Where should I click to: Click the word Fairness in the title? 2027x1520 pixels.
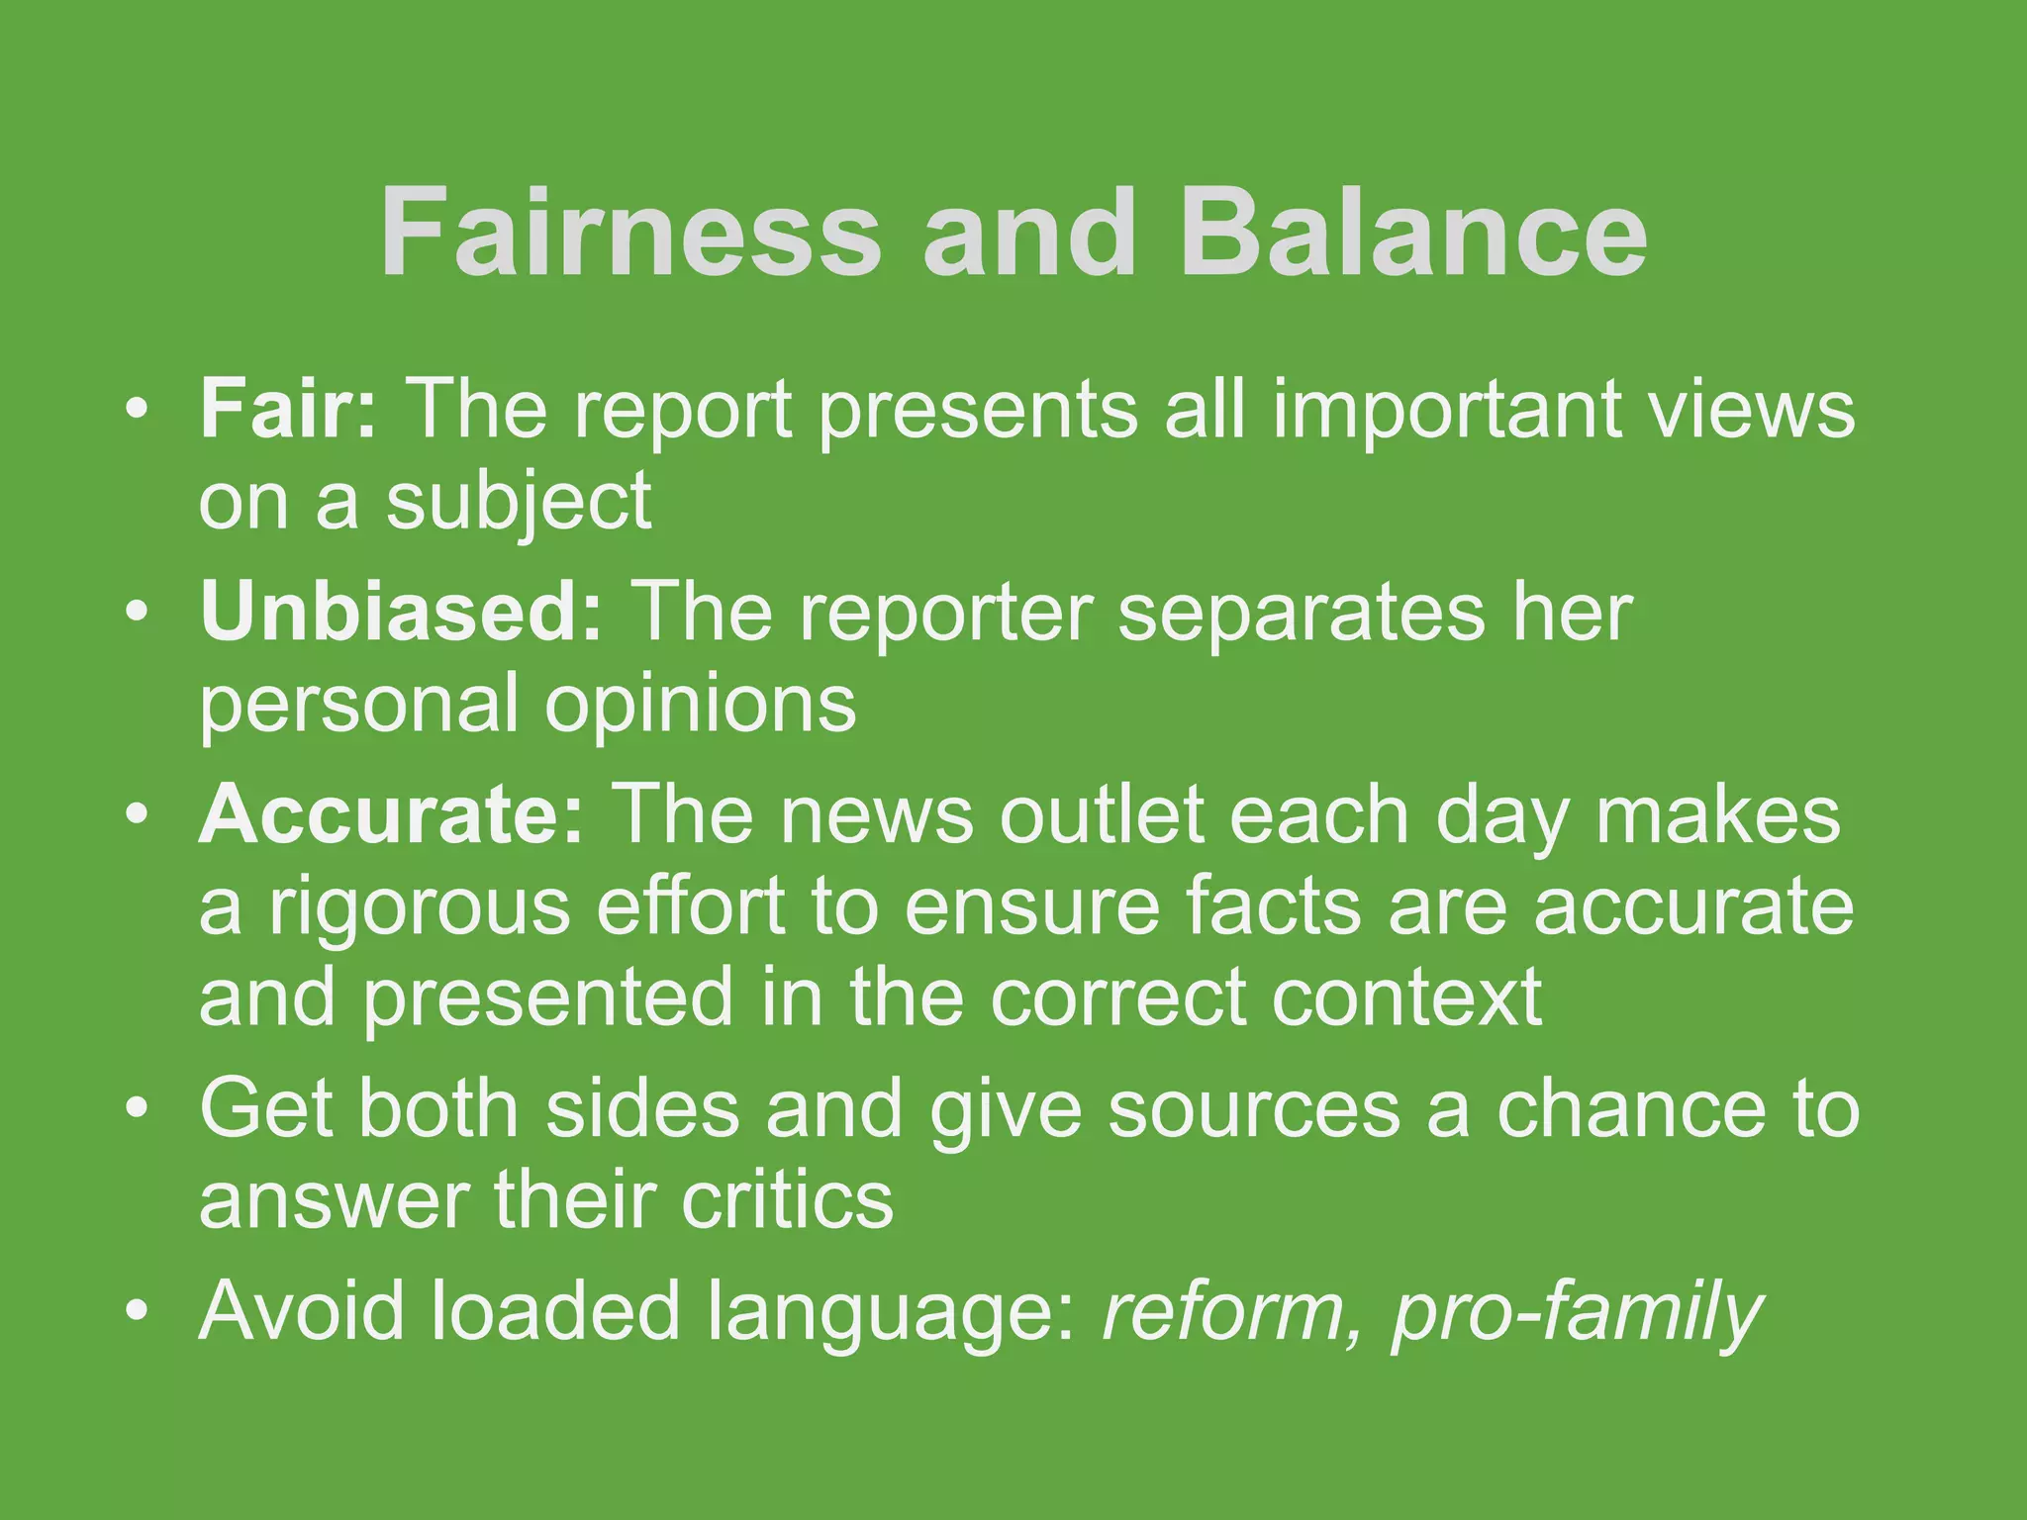(629, 234)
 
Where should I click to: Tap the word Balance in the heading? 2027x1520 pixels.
(1413, 234)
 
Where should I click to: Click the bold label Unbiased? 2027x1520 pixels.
(401, 611)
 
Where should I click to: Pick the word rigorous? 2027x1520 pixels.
(420, 907)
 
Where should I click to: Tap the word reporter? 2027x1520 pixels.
(946, 613)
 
